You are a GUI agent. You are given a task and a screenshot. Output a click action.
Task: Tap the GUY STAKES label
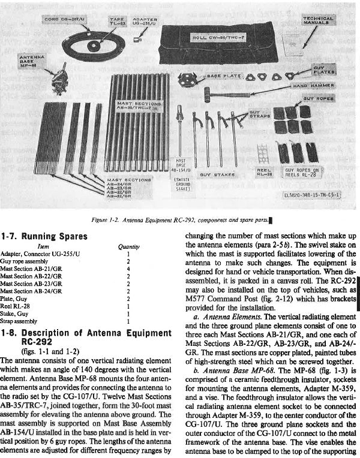click(213, 173)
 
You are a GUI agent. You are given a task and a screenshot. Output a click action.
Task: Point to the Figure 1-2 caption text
click(179, 220)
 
